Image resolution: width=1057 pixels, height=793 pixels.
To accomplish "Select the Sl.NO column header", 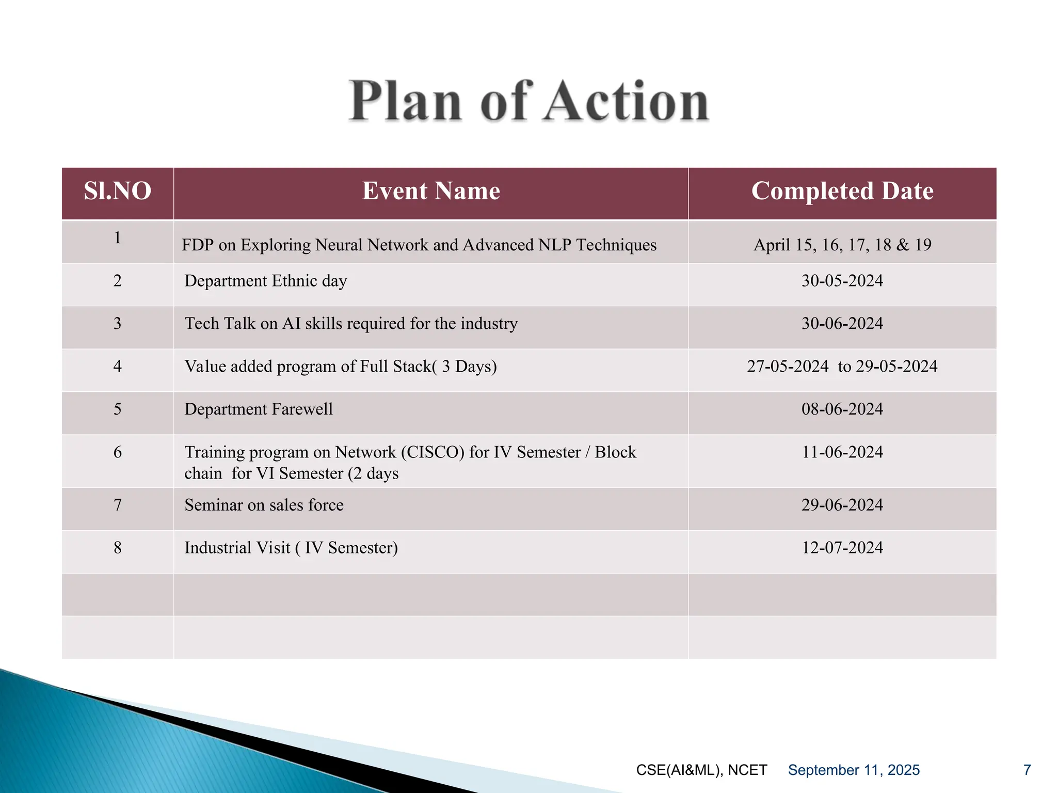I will coord(118,191).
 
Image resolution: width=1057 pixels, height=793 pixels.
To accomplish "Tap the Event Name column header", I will coord(431,191).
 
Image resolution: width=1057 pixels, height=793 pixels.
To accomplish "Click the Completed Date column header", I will coord(842,191).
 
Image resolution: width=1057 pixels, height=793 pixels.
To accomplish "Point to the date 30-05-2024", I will coord(842,281).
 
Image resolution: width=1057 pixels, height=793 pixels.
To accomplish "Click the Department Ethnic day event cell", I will coord(266,281).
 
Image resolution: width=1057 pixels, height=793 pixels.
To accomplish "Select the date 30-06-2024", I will coord(842,324).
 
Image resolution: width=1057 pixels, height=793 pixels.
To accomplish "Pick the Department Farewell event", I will coord(259,409).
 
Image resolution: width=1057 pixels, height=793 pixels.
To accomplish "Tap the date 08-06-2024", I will coord(842,409).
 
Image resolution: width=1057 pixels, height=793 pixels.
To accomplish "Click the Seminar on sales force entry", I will coord(264,505).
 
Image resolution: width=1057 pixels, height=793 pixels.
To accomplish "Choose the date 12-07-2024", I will coord(842,548).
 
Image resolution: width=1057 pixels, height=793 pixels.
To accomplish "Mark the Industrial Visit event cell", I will coord(291,548).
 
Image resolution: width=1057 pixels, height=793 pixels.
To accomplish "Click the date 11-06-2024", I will coord(842,452).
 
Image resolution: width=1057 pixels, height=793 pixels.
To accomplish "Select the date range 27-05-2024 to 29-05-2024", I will coord(842,367).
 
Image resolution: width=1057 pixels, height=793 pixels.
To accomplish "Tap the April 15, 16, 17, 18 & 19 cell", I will coord(842,245).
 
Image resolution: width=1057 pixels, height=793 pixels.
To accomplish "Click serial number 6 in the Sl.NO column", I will coord(118,452).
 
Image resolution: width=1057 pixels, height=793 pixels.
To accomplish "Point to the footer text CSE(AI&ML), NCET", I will coord(701,770).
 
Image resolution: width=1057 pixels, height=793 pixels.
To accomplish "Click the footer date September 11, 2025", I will coord(854,770).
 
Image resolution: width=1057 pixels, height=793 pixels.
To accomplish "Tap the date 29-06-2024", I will coord(842,505).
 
